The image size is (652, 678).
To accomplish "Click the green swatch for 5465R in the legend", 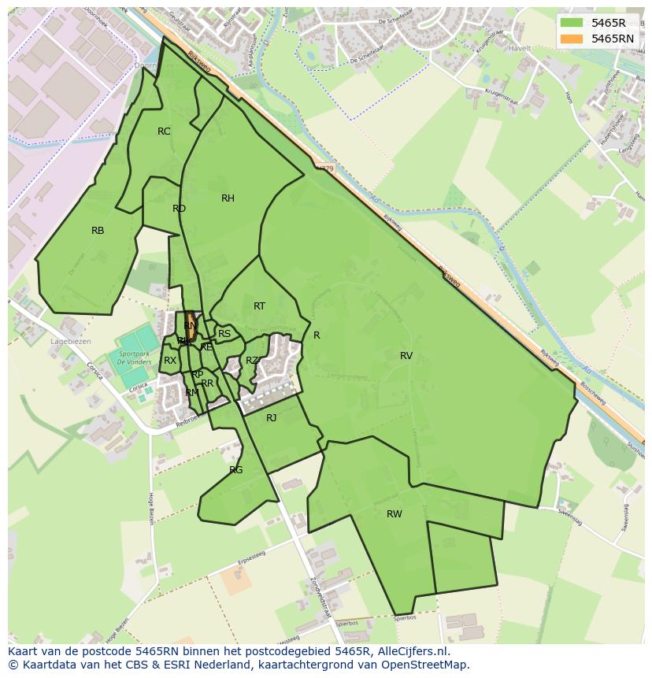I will click(x=572, y=23).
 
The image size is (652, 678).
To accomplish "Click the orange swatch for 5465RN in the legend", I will click(x=572, y=39).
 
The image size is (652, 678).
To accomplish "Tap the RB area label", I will click(x=98, y=231).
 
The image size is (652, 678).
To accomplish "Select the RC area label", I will click(x=164, y=132).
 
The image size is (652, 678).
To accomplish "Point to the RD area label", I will click(x=179, y=209).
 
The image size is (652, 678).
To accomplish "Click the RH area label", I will click(x=228, y=198).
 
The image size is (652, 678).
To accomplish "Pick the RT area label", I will click(x=259, y=306).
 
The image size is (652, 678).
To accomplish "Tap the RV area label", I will click(x=406, y=356).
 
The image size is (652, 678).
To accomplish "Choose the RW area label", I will click(x=395, y=514).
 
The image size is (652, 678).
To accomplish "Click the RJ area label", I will click(x=271, y=418).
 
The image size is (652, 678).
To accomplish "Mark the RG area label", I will click(x=236, y=470).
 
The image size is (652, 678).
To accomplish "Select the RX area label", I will click(x=170, y=361).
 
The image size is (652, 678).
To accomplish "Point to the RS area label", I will click(x=224, y=334).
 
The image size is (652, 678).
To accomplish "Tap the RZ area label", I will click(x=252, y=361).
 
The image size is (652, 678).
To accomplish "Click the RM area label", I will click(x=192, y=392).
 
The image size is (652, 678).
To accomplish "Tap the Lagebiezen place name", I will click(x=70, y=342).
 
